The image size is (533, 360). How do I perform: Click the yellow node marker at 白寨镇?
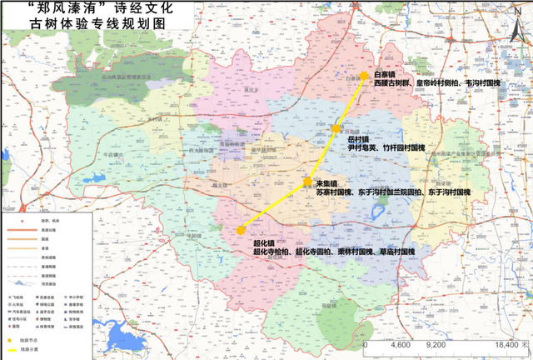point(364,77)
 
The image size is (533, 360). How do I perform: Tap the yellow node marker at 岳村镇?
point(336,129)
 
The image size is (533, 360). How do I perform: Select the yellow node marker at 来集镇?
point(307,182)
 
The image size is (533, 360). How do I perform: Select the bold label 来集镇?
point(326,182)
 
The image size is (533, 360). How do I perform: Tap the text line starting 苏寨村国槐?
point(392,192)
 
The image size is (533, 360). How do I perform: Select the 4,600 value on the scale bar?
point(401,344)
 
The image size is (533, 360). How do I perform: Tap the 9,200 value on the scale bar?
point(439,344)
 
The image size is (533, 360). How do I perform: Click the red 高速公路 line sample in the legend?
point(17,230)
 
